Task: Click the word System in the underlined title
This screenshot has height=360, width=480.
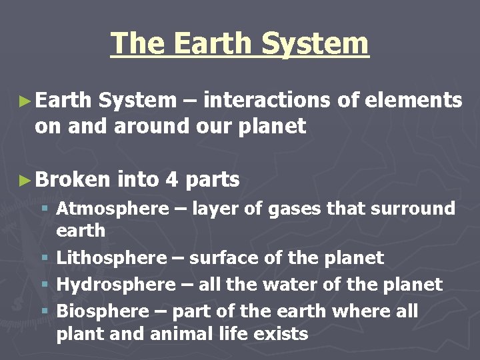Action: tap(315, 44)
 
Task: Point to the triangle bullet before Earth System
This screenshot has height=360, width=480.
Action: tap(25, 101)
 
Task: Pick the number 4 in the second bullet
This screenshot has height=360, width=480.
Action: tap(171, 180)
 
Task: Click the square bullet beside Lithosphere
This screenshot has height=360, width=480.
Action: tap(44, 259)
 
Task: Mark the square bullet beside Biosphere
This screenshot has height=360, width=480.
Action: tap(44, 312)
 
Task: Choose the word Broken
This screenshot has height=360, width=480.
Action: tap(73, 180)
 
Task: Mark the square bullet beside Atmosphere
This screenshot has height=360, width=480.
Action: tap(44, 209)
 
